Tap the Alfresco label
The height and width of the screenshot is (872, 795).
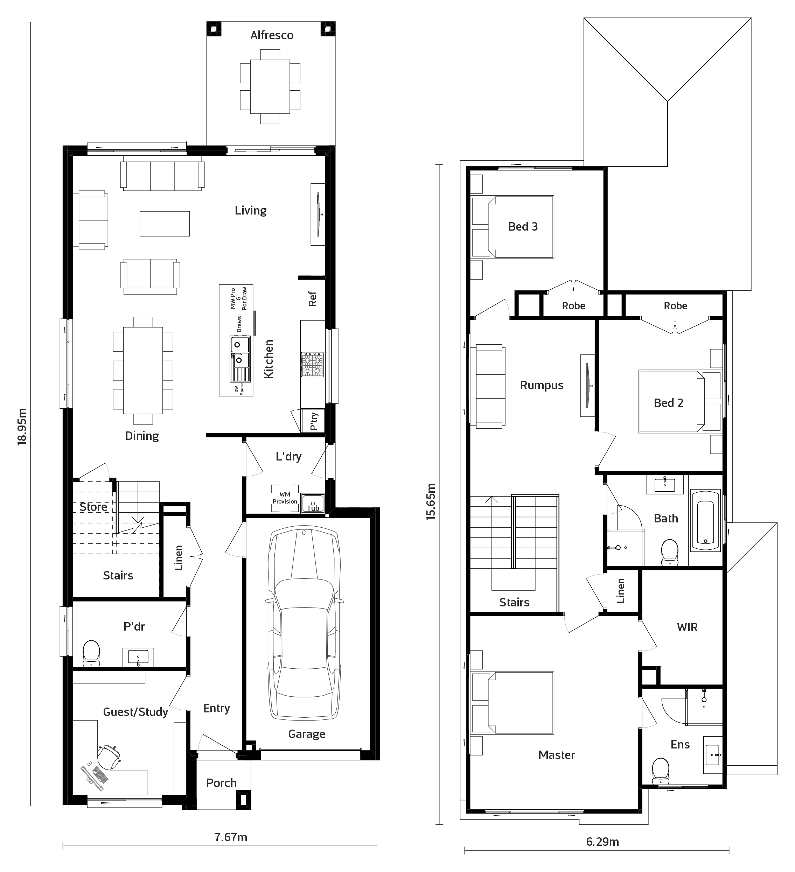click(x=272, y=35)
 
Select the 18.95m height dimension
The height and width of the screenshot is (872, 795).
click(x=22, y=427)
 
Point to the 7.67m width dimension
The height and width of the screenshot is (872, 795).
click(x=231, y=837)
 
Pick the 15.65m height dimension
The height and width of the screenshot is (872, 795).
click(x=431, y=502)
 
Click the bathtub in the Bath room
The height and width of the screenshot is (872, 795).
click(x=705, y=520)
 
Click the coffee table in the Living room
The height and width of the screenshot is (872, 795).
click(x=165, y=224)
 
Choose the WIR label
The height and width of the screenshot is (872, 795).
click(x=687, y=627)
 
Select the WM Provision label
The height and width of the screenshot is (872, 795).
click(x=285, y=498)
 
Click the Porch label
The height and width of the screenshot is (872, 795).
click(x=221, y=783)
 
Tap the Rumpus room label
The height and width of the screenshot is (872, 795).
click(x=542, y=385)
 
